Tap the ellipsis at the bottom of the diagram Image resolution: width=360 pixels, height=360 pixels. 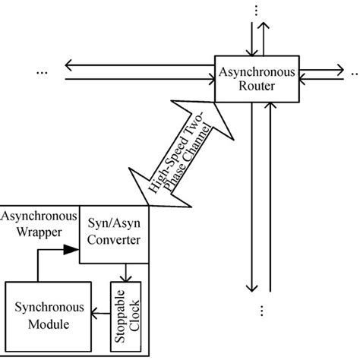coord(261,311)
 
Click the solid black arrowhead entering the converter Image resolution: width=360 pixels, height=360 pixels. coord(71,248)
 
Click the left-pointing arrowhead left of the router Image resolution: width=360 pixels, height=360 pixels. coord(71,63)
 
